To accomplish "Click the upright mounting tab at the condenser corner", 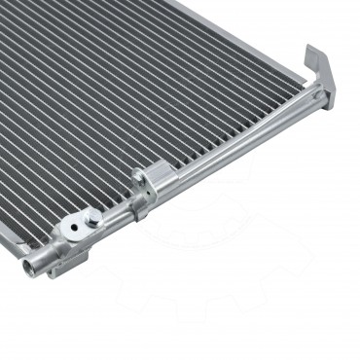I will (320, 73).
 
